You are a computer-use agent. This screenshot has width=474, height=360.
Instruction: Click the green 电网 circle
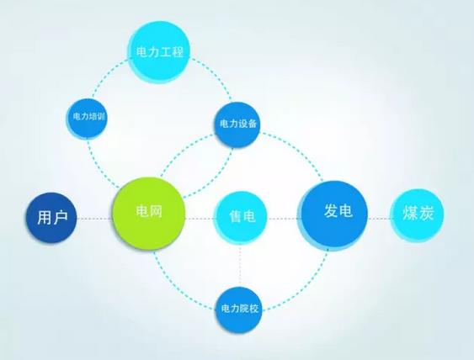click(x=148, y=214)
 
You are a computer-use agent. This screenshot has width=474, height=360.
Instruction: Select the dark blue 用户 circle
click(x=51, y=218)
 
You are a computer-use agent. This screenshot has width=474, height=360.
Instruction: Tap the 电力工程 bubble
click(x=159, y=52)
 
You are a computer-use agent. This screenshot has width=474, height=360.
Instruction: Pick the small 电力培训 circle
click(x=87, y=119)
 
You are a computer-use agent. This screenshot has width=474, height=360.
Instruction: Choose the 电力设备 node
click(x=237, y=124)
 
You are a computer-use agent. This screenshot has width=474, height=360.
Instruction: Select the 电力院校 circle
click(x=239, y=310)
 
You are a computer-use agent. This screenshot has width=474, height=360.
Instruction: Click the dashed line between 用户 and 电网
click(x=94, y=219)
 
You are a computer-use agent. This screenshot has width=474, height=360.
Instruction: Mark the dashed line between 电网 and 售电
click(x=200, y=219)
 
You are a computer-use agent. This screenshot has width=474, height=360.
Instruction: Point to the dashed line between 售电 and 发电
click(x=283, y=219)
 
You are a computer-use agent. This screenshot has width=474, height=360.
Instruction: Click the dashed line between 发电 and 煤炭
click(x=380, y=218)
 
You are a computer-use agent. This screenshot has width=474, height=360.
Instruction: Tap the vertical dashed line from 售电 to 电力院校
click(x=240, y=266)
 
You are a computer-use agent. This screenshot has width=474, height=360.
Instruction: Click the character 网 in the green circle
click(x=156, y=210)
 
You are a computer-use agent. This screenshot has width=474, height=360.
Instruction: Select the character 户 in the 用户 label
click(x=60, y=217)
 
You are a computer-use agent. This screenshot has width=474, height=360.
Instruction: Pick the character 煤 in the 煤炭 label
click(x=410, y=213)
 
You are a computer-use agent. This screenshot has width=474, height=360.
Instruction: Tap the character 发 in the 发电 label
click(x=331, y=210)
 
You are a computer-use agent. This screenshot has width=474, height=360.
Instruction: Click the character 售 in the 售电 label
click(x=236, y=216)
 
